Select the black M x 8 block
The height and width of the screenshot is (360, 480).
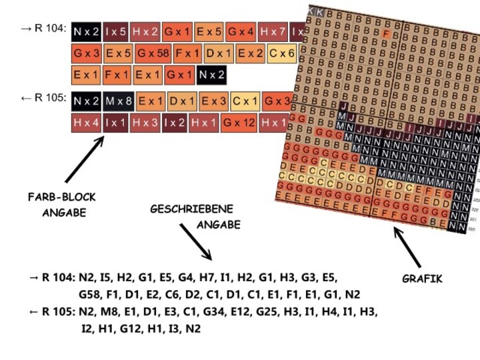tap(118, 101)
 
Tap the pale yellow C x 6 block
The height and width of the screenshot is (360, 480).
tap(282, 53)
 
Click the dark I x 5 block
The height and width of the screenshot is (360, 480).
tap(115, 31)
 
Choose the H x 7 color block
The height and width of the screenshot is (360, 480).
tap(273, 31)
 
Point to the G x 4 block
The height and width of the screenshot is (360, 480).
tap(241, 31)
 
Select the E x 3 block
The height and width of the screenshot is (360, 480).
tap(214, 101)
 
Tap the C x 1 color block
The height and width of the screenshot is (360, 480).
tap(245, 101)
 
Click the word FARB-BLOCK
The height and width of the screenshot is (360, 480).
tap(62, 197)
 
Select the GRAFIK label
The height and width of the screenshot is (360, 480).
tap(423, 279)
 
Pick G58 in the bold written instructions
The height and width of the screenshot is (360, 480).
tap(92, 294)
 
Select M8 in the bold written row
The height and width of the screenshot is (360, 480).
tap(121, 311)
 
